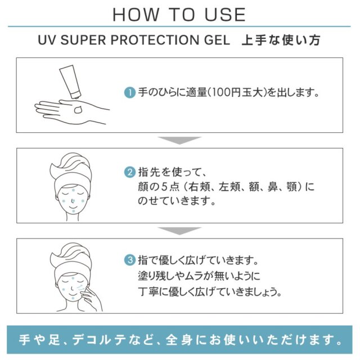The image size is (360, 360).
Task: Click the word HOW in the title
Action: tap(136, 15)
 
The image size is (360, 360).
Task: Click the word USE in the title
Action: tap(225, 15)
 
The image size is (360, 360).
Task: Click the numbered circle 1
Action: tap(130, 93)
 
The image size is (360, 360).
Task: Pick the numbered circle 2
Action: tap(130, 172)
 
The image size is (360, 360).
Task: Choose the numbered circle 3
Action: tap(130, 260)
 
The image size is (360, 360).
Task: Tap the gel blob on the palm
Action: tap(78, 110)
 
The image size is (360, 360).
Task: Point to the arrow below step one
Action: tap(179, 140)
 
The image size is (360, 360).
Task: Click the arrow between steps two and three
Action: tap(179, 231)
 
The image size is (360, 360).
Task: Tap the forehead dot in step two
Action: tap(74, 190)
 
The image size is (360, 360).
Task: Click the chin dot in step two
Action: tap(73, 211)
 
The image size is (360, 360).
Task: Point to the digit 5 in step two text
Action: tap(164, 187)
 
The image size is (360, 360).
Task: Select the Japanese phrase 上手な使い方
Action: tap(281, 40)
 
